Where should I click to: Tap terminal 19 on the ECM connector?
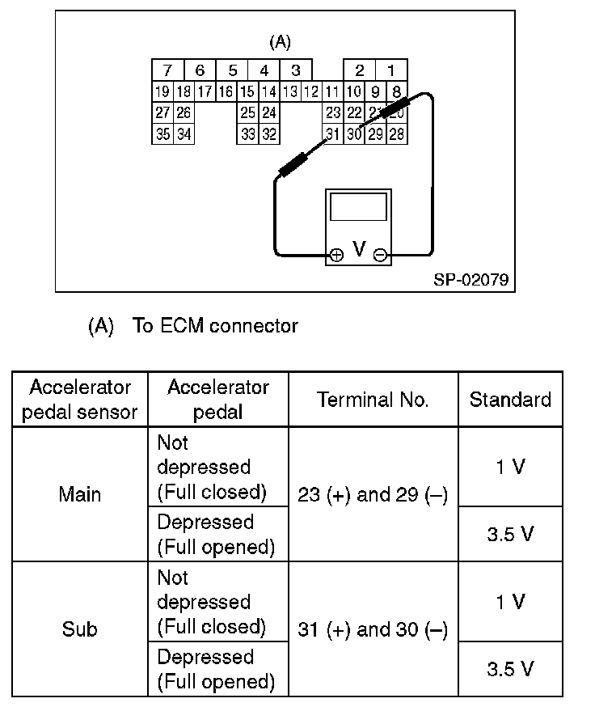tap(162, 91)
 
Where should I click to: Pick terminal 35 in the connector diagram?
tap(162, 134)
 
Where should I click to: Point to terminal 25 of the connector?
tap(247, 113)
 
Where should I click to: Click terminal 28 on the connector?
tap(396, 134)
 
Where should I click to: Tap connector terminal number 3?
tap(296, 70)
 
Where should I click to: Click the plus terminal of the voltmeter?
tap(336, 254)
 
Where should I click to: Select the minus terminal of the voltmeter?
tap(380, 255)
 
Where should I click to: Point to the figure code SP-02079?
tap(471, 279)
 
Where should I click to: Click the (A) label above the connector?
tap(280, 42)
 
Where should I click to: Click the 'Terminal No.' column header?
tap(373, 399)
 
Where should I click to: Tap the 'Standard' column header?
tap(510, 399)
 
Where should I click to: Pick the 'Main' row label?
tap(79, 494)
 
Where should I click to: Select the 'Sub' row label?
tap(79, 629)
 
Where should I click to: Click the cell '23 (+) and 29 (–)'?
tap(373, 494)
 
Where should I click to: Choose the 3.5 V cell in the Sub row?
tap(510, 669)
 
